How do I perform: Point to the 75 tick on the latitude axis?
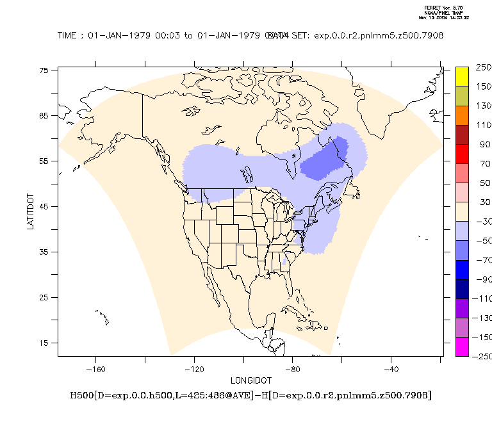tap(44, 70)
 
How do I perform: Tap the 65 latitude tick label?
tap(44, 116)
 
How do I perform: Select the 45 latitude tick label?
tap(44, 206)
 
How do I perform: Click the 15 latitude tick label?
tap(44, 343)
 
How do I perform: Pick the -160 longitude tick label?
tap(95, 369)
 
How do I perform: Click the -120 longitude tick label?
tap(194, 369)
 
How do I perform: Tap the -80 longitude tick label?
tap(293, 369)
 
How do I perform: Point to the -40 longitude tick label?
tap(391, 369)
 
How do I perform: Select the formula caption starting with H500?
tap(250, 395)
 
